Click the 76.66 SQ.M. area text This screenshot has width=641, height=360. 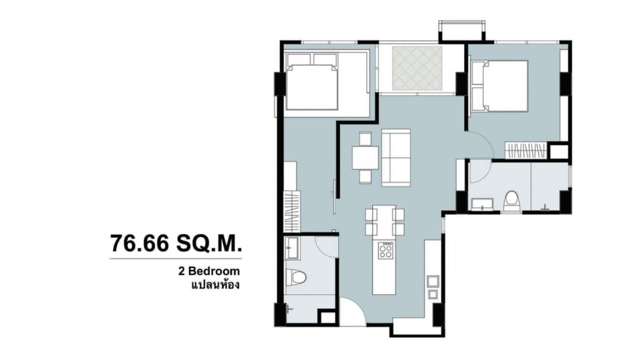coord(175,244)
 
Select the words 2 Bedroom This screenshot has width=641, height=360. coord(208,272)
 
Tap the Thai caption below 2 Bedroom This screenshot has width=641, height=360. coord(214,286)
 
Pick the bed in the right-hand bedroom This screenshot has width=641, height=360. coord(500,86)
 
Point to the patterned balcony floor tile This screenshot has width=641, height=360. coord(417,68)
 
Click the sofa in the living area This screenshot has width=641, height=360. coord(396,157)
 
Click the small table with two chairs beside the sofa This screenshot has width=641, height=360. coord(365,157)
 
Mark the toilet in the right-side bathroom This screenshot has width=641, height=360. coord(511,201)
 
